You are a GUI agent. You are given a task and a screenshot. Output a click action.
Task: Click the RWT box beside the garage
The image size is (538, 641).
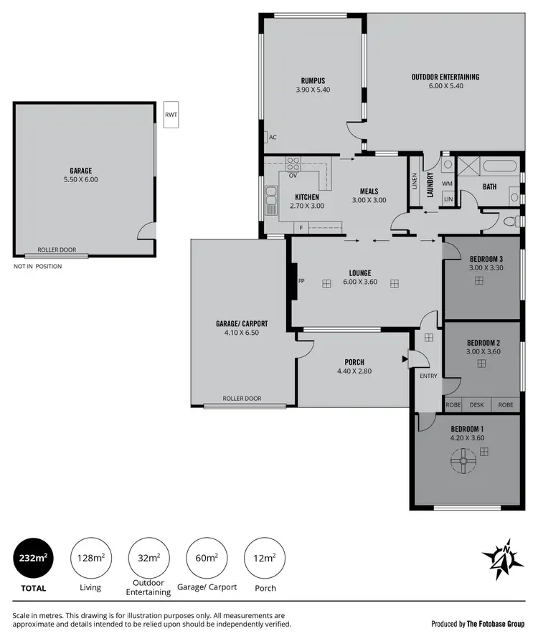(171, 115)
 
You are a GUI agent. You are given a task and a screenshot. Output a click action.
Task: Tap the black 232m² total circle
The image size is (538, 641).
(33, 557)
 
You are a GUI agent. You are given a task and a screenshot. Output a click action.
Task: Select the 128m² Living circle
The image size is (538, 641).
(91, 557)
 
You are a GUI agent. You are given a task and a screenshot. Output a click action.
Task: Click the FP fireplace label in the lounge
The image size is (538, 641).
(301, 281)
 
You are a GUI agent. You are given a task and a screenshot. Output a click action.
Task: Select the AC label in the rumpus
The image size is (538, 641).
(273, 138)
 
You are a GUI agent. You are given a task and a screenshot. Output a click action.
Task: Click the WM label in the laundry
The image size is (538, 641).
(447, 184)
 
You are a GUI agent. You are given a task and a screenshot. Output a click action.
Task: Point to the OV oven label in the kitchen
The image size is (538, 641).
(293, 175)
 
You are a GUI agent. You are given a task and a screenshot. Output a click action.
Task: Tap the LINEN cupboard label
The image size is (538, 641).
(415, 181)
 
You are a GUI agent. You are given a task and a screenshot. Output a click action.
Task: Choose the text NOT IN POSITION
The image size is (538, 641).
(37, 266)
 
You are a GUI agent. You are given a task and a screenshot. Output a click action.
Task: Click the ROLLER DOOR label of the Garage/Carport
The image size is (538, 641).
(242, 398)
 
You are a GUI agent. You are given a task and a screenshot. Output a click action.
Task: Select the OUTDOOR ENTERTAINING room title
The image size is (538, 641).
(445, 77)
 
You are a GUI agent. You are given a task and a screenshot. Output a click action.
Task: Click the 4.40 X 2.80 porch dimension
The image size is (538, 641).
(354, 371)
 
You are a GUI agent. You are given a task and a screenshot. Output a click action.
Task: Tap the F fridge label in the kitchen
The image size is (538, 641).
(301, 228)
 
